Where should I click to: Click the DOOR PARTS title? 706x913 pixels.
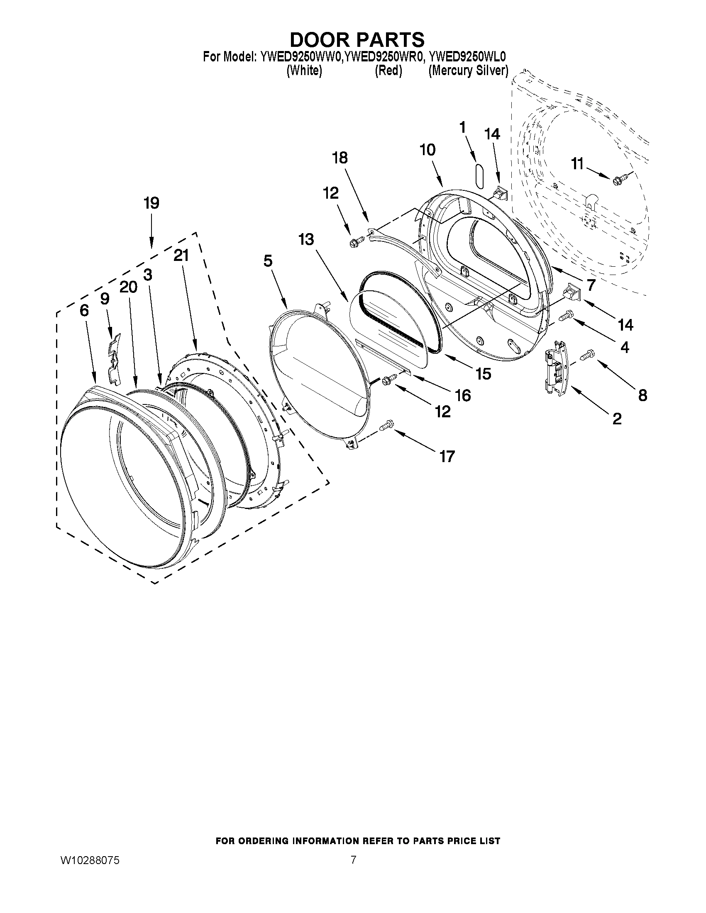357,40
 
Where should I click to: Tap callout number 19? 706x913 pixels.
151,203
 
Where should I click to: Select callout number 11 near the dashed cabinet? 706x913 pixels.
577,164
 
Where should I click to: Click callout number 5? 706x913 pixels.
268,261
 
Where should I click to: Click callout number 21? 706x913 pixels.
181,256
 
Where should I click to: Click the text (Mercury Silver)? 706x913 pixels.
468,71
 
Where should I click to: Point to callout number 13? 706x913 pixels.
306,239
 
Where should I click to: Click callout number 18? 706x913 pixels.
340,158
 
